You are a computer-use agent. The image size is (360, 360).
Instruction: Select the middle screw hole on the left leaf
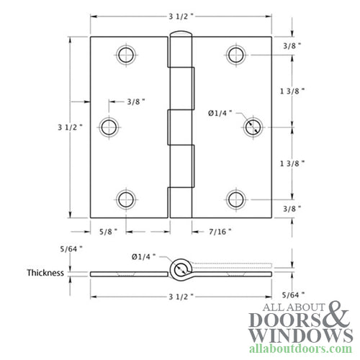pyautogui.click(x=109, y=127)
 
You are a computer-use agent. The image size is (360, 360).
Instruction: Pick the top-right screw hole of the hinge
pyautogui.click(x=233, y=55)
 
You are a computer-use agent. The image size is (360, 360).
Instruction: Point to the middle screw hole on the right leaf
pyautogui.click(x=251, y=127)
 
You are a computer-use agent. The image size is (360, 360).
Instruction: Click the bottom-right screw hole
pyautogui.click(x=233, y=199)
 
